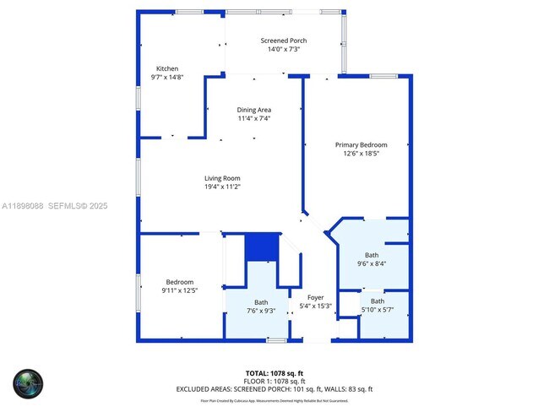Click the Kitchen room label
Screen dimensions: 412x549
point(167,68)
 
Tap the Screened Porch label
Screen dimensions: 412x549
point(284,41)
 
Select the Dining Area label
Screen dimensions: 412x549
point(253,110)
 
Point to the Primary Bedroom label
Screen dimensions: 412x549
point(361,144)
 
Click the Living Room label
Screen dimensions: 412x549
point(222,178)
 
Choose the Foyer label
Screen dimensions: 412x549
point(315,297)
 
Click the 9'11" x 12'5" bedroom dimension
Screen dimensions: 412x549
point(179,290)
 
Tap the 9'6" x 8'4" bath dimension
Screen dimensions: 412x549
point(372,263)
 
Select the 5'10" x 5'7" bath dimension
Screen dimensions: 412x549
point(377,310)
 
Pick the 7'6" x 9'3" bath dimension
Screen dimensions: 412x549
point(260,311)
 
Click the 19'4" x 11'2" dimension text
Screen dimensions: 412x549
point(222,187)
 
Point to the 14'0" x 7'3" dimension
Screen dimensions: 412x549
point(284,49)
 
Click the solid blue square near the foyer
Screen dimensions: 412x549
point(261,247)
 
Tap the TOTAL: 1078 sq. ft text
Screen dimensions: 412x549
point(274,372)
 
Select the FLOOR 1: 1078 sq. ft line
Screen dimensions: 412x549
point(274,381)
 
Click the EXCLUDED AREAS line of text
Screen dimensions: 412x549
point(274,389)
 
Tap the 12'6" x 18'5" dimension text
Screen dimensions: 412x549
point(361,153)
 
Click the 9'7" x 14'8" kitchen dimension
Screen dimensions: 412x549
point(167,77)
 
